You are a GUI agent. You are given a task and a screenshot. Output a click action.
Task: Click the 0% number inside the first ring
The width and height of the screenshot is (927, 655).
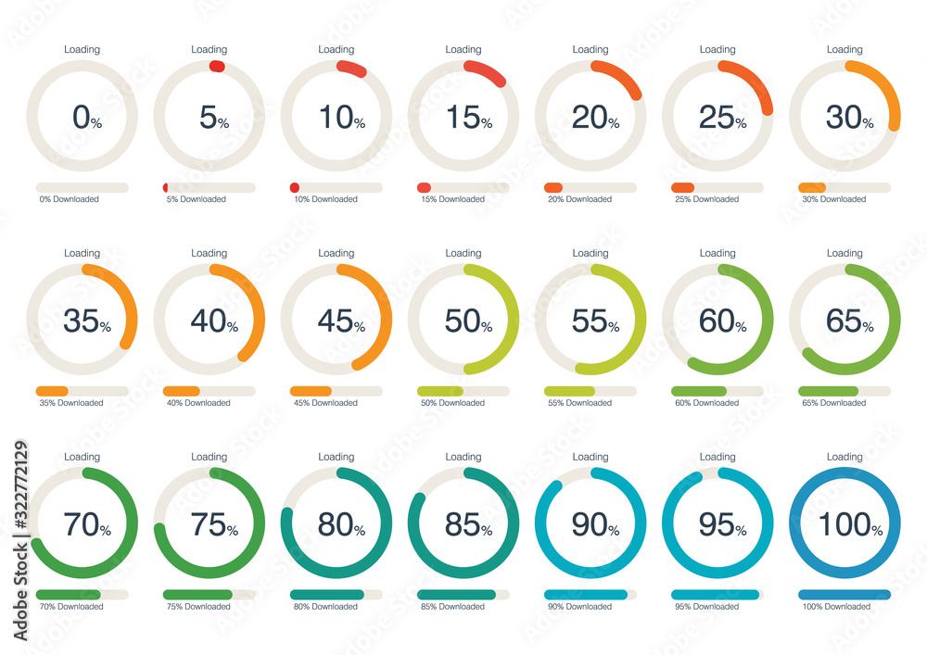click(86, 118)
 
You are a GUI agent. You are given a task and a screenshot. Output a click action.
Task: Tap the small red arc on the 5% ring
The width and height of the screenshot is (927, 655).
click(217, 66)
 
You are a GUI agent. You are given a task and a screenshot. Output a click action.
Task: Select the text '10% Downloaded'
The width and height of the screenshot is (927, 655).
click(325, 199)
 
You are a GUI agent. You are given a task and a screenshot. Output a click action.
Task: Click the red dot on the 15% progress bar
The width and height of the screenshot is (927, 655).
click(424, 187)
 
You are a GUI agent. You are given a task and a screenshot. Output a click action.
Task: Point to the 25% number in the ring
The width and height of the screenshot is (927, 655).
click(721, 118)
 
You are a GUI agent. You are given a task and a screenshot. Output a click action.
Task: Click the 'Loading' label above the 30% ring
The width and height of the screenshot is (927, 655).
click(844, 49)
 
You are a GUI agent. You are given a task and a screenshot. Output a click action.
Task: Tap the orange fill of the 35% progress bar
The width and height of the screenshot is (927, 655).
click(52, 391)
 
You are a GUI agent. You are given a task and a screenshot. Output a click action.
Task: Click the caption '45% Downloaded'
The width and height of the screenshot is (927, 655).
click(325, 403)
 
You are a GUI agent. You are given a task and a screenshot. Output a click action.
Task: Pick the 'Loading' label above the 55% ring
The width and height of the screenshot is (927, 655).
click(590, 253)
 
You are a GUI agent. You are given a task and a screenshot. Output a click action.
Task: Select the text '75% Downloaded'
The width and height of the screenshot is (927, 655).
click(198, 607)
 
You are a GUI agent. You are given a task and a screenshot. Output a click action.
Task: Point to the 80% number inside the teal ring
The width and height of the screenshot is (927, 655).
click(340, 524)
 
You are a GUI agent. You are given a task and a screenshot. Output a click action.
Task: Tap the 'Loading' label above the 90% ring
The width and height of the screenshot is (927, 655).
click(590, 457)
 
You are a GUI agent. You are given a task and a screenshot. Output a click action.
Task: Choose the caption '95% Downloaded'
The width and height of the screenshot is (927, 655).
click(706, 607)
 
